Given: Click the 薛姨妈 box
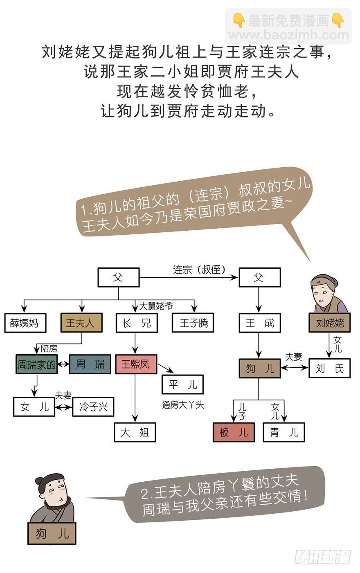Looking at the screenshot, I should click(x=25, y=323).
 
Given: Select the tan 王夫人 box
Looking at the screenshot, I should click(x=81, y=323).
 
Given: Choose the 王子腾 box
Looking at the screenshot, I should click(x=193, y=323).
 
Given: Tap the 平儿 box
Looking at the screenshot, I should click(x=182, y=384).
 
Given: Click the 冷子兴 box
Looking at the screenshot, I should click(x=93, y=407).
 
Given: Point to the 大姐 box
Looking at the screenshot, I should click(x=135, y=432).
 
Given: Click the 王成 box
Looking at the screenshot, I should click(x=259, y=323).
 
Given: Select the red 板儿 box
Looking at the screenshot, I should click(x=234, y=432).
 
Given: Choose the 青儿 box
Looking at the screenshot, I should click(x=284, y=432).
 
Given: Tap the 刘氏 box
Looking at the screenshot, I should click(x=330, y=368).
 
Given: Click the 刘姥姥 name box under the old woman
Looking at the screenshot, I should click(x=330, y=323).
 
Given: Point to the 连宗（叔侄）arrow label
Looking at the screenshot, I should click(x=199, y=270).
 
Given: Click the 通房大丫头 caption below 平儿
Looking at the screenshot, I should click(x=182, y=405).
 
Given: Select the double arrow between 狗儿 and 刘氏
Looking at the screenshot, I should click(x=295, y=368).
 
